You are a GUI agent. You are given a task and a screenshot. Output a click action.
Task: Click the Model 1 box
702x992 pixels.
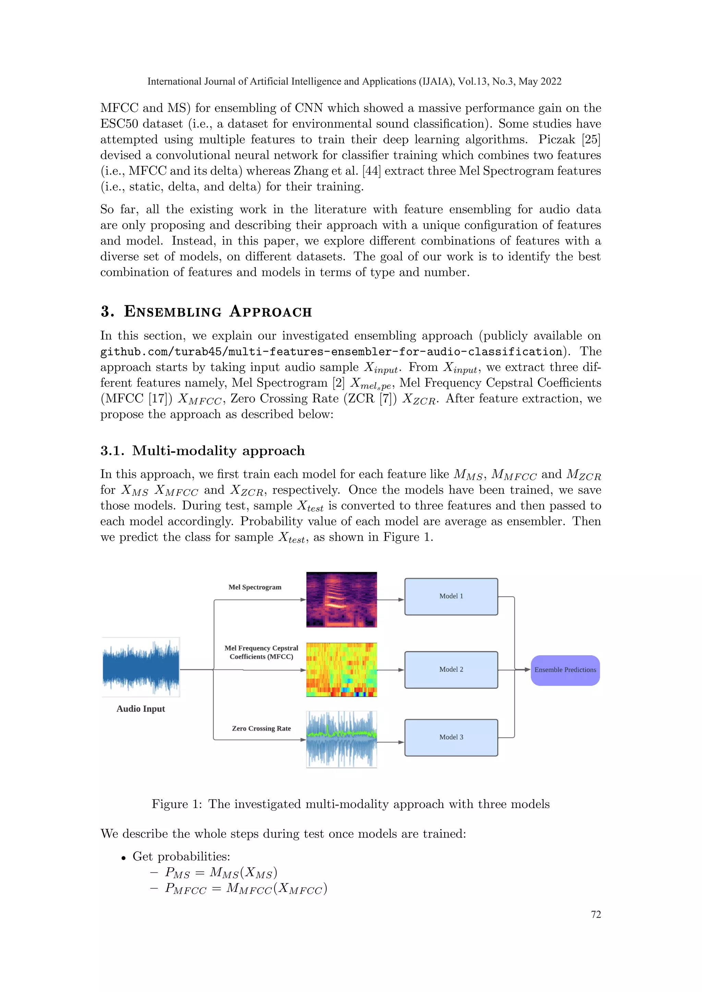(x=451, y=596)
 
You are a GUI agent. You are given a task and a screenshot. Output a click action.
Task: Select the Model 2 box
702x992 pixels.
(x=451, y=669)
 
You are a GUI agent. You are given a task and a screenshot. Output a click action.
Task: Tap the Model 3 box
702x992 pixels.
(x=451, y=737)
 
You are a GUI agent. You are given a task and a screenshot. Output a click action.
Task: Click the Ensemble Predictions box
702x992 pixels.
(x=565, y=670)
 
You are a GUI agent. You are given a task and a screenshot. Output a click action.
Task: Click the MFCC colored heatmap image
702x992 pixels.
(x=341, y=669)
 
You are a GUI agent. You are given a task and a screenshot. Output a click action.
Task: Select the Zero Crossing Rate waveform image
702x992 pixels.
(x=341, y=739)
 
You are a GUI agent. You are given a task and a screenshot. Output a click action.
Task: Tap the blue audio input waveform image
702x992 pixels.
(x=141, y=667)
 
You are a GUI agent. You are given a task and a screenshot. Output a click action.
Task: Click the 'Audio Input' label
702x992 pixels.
(x=141, y=709)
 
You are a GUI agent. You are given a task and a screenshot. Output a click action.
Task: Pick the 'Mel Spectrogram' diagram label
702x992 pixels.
(x=255, y=587)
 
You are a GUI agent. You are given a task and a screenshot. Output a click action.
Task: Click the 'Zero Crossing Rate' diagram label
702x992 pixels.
(x=261, y=729)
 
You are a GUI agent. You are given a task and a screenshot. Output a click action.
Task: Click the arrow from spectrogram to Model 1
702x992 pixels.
(x=391, y=600)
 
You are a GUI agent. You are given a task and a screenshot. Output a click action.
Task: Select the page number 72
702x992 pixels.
(x=596, y=914)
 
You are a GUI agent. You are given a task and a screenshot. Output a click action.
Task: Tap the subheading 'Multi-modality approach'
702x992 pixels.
(x=218, y=451)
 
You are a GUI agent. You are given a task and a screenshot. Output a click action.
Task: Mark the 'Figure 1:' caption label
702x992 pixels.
(x=177, y=804)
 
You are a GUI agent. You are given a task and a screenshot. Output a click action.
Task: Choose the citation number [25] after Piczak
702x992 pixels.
(x=591, y=139)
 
